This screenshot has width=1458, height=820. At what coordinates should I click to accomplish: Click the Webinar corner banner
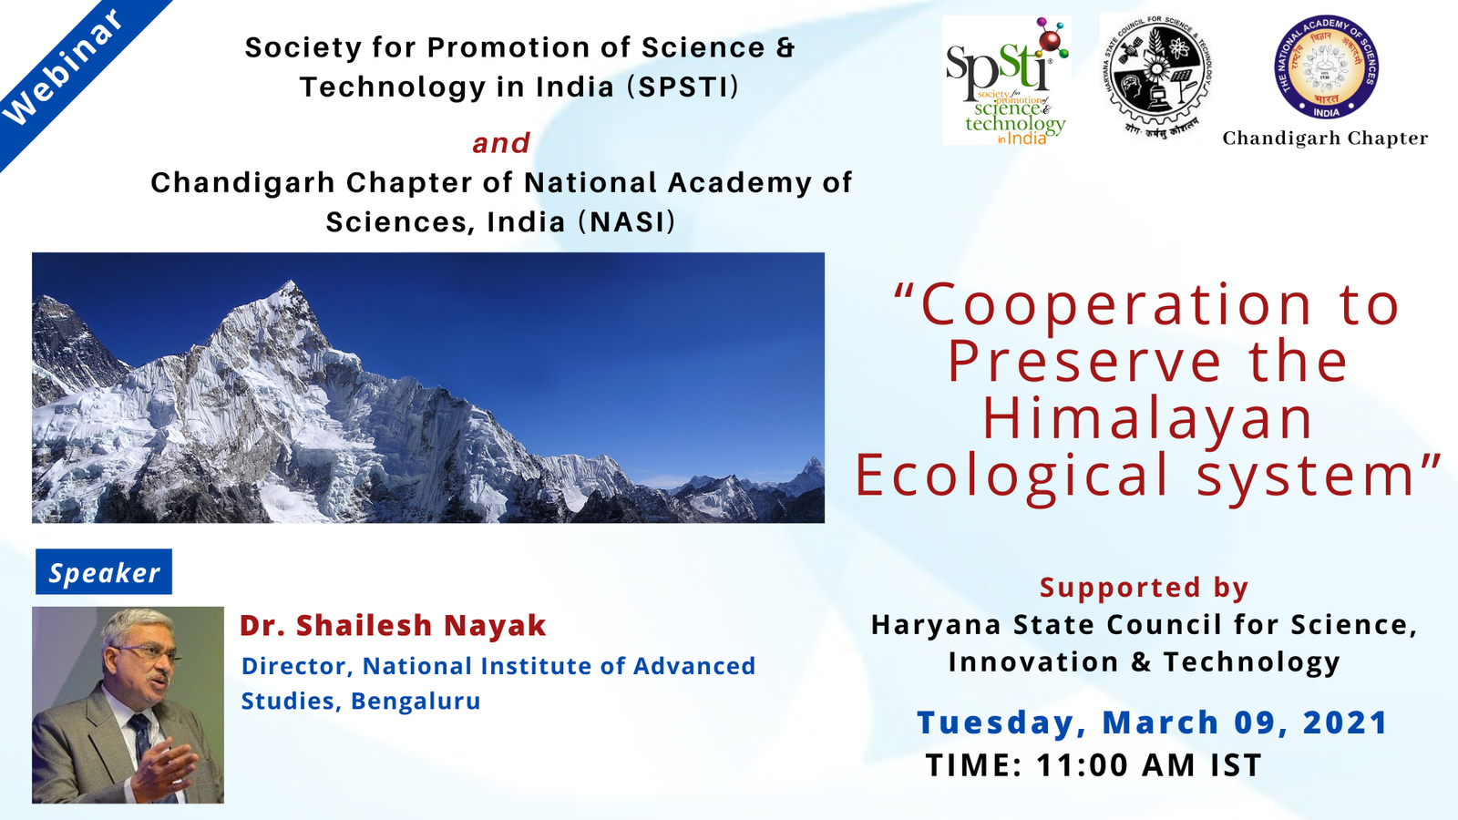(64, 68)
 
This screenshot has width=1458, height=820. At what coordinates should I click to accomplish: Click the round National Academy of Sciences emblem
(1326, 67)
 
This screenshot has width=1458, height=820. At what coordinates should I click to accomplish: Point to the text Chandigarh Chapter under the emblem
(1325, 138)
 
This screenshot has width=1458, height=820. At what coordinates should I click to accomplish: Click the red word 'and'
(501, 143)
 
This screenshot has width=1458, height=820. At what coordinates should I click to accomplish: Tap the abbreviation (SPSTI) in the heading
(683, 87)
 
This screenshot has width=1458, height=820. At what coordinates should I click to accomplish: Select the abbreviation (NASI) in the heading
(627, 222)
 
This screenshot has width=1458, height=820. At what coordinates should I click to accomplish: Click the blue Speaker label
(104, 572)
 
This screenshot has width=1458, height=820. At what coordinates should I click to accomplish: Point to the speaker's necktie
(141, 738)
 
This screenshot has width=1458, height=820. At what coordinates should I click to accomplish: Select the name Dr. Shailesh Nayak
(393, 626)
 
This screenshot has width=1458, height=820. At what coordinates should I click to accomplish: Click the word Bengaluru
(416, 702)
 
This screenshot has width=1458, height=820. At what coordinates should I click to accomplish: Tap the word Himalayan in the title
(1147, 419)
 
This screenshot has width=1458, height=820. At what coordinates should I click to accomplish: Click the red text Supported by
(1144, 588)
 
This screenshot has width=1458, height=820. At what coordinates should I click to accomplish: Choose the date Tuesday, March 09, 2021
(1152, 723)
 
